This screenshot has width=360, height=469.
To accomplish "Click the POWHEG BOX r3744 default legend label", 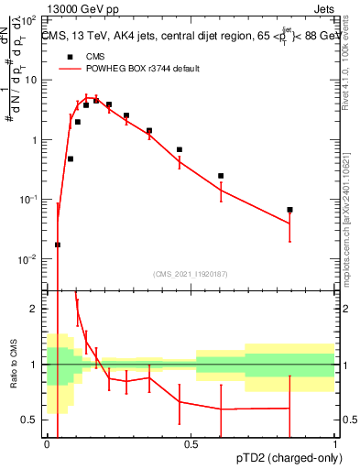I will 144,69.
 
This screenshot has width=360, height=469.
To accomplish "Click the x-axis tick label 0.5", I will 191,445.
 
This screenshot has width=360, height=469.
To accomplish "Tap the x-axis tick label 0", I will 47,445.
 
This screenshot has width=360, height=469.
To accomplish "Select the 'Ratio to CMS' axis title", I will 14,365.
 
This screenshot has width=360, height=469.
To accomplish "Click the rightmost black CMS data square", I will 289,210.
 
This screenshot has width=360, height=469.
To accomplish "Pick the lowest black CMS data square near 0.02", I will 58,245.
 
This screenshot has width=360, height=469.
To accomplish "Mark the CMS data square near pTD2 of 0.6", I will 221,176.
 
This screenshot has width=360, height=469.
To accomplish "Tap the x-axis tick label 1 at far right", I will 334,445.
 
